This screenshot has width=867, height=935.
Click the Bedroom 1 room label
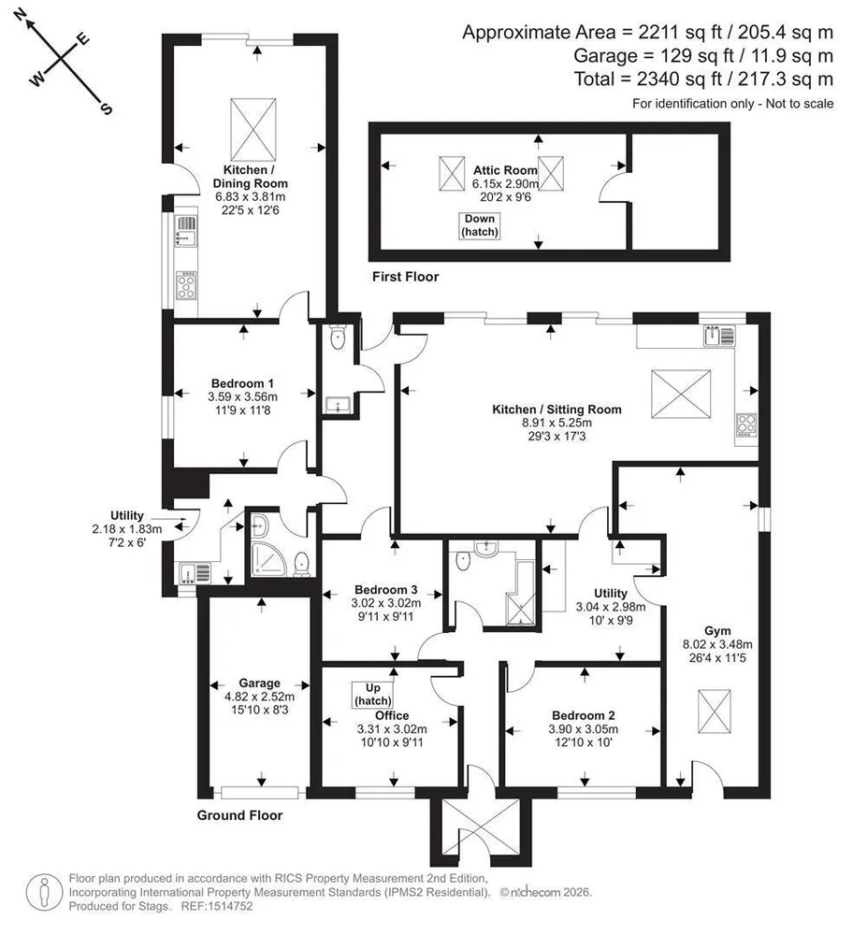(242, 383)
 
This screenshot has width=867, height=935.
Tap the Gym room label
(717, 631)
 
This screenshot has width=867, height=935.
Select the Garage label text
(259, 683)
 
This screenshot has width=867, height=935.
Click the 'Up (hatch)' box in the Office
(372, 695)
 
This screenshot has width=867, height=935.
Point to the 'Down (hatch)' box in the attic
(480, 225)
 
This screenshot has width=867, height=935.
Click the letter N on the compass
(21, 15)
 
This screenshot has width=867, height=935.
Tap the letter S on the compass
(106, 108)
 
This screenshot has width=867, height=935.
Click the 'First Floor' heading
(406, 277)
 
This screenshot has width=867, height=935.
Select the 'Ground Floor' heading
(239, 815)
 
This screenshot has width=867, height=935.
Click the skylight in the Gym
(715, 712)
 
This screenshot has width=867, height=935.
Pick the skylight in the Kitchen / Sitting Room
(681, 395)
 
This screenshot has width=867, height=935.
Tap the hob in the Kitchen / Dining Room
(186, 285)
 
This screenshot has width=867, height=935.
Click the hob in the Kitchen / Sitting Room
(746, 424)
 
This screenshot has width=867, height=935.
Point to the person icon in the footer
(44, 893)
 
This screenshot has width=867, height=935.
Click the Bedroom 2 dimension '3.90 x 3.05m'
(584, 729)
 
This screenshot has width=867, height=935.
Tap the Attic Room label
(505, 170)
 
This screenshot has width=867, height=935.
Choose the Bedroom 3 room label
(385, 590)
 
